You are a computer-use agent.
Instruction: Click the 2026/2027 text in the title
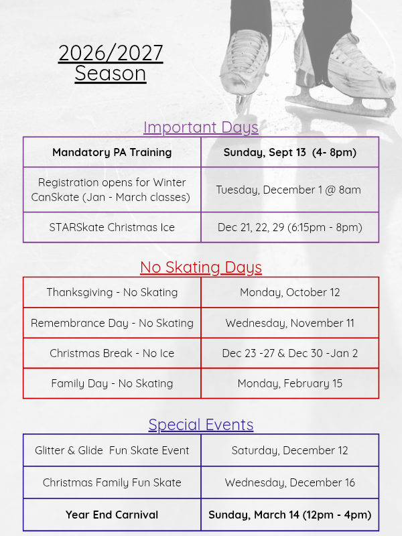tap(111, 53)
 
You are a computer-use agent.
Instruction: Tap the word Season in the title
tap(111, 73)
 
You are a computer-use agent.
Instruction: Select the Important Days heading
tap(201, 127)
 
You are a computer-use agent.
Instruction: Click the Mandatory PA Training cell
tap(112, 152)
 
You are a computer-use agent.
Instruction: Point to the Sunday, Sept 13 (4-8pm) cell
tap(290, 152)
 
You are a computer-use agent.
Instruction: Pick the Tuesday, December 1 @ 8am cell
tap(290, 190)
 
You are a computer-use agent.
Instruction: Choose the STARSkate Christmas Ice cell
tap(112, 227)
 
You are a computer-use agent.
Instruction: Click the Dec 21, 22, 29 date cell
tap(290, 227)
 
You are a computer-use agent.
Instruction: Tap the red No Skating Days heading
tap(201, 267)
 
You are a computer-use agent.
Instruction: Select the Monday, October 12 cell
tap(290, 292)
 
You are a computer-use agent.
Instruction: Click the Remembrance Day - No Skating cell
tap(112, 323)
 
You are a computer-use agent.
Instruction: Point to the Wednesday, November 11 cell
tap(290, 323)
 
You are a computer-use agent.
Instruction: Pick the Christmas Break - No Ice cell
tap(112, 353)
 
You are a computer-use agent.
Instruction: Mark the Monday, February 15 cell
tap(290, 383)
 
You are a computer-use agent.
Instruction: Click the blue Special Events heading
tap(201, 425)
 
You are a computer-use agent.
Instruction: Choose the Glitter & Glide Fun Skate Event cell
tap(112, 450)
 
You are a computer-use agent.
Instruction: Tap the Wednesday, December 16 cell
tap(290, 482)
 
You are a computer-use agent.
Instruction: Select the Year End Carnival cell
tap(112, 515)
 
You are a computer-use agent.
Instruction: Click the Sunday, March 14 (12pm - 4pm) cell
tap(290, 515)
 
